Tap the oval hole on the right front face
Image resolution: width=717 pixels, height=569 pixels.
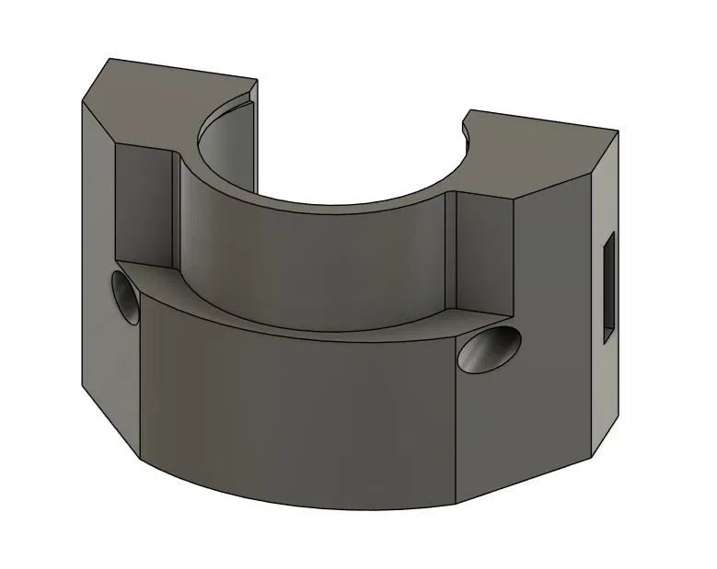pos(490,349)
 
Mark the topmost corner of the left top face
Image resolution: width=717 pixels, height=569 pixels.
pos(110,60)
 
